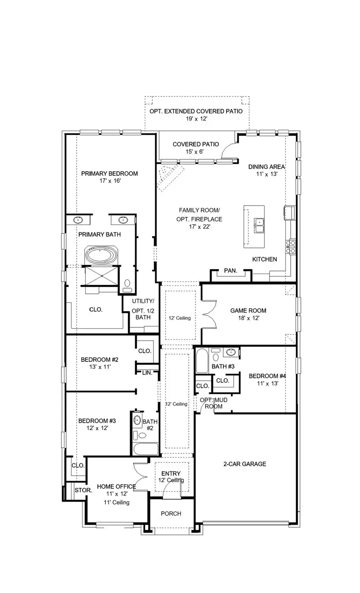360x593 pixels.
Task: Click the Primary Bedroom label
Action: click(109, 173)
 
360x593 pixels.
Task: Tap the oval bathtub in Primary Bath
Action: click(101, 255)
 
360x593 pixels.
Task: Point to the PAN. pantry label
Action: click(230, 270)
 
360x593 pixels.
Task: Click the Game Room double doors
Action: click(208, 314)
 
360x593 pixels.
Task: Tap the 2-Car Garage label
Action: click(245, 464)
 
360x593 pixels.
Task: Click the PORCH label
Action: click(171, 514)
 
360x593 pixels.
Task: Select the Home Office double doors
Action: click(140, 477)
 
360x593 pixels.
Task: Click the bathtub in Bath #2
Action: click(145, 450)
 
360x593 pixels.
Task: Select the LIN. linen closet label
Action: click(147, 373)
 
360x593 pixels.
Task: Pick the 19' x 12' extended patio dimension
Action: click(197, 119)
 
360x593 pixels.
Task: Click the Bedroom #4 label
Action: click(267, 376)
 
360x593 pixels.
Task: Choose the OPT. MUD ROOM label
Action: click(214, 403)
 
